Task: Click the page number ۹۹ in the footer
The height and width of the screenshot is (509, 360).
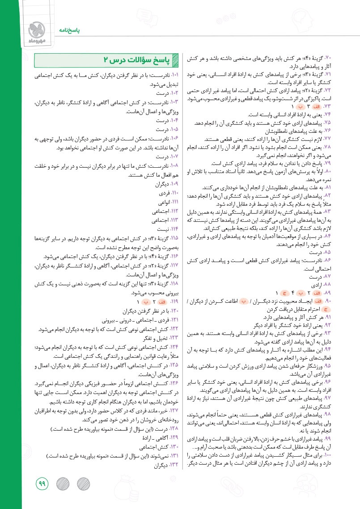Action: pyautogui.click(x=42, y=484)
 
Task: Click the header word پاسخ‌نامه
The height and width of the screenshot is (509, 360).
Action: pyautogui.click(x=67, y=31)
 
